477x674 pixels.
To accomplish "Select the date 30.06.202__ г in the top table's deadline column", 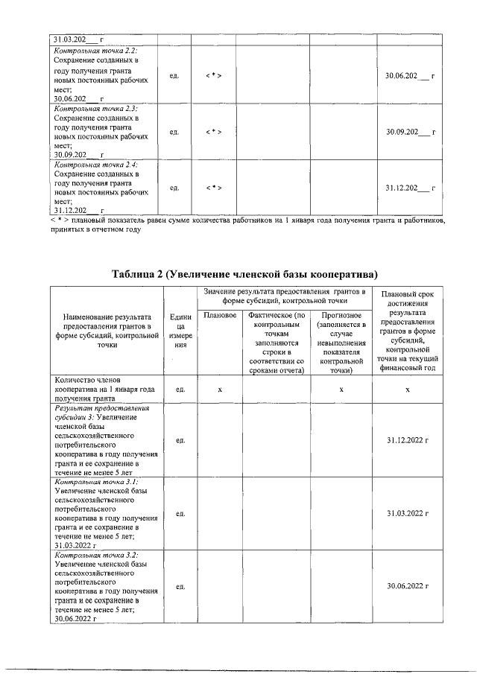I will click(x=410, y=77).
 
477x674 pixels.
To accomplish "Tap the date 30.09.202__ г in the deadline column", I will click(x=410, y=132).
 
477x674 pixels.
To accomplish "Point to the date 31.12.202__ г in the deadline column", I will click(x=410, y=188).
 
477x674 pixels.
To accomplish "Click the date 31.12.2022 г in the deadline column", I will click(x=410, y=441).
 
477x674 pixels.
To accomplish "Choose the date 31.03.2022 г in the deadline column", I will click(x=410, y=514).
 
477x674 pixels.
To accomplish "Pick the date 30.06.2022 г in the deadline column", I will click(x=410, y=587).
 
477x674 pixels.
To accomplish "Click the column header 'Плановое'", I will click(x=220, y=316).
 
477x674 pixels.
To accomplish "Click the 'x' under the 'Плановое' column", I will click(x=220, y=390).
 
